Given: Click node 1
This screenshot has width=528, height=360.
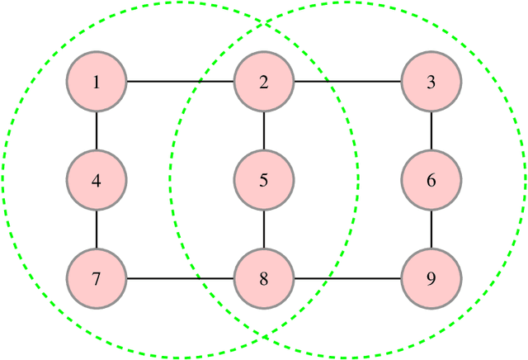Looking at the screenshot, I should point(97,82).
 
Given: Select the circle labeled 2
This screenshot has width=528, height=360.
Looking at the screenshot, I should point(264,82).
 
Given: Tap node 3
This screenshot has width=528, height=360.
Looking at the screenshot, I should point(431,82).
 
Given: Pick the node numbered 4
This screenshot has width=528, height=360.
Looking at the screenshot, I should point(97,180).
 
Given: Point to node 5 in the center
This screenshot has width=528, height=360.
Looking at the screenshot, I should point(264,180).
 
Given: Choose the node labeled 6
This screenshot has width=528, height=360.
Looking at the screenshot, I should point(431,180).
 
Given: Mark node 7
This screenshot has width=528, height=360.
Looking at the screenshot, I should point(97,278).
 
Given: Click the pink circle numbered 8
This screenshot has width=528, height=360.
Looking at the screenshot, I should point(264,278).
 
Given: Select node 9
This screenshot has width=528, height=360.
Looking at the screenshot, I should point(431,278).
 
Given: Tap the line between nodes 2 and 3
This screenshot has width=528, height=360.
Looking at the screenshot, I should point(347,82).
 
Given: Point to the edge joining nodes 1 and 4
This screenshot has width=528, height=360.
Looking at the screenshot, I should point(97,130).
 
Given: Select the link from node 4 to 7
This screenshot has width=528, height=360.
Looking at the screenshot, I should point(97,230).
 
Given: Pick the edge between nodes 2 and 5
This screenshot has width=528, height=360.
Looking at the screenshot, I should point(264,130).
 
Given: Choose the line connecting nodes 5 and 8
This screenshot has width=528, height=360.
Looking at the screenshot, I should point(264,230).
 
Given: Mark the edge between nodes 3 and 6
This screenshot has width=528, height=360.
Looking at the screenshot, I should point(431,130).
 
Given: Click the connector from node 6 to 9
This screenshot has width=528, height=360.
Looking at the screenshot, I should point(431,230).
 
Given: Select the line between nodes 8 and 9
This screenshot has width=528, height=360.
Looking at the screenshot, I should point(347,278).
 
